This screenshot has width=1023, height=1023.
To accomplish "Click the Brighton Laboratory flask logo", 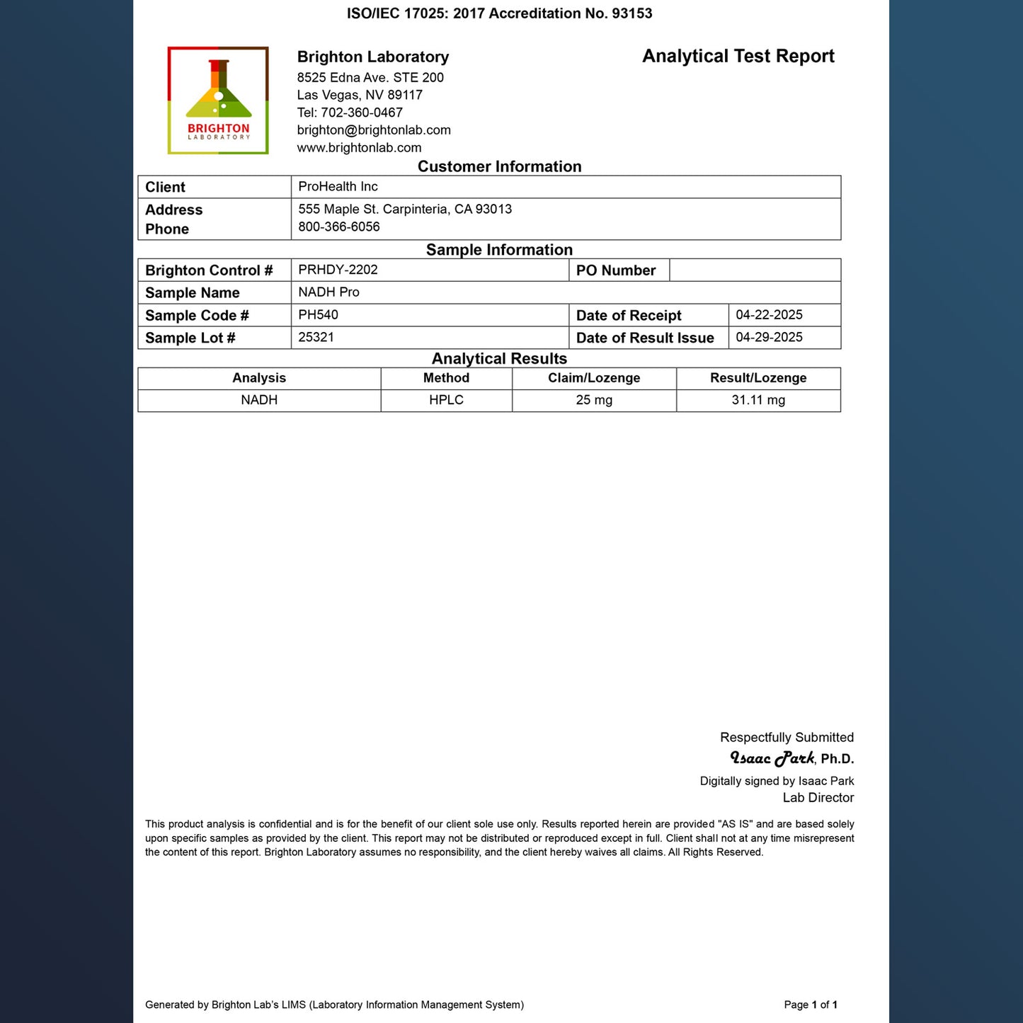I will pos(218,101).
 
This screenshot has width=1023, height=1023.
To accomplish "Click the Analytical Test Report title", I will pos(738,57).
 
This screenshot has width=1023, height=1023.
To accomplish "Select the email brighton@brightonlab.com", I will pos(374,130).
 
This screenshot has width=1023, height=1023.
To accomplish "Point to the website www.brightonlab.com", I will pos(359,148).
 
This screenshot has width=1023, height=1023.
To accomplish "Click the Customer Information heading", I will pos(499,166).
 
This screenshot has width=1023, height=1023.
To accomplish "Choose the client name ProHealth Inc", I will pos(338,187).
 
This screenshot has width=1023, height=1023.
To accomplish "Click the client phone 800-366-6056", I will pos(338,227).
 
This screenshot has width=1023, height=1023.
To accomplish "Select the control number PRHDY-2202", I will pos(338,270).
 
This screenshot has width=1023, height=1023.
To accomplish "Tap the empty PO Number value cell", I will pos(755,270).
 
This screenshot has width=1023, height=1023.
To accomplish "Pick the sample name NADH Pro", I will pos(328,292).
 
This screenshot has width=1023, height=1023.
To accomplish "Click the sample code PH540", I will pos(318,315).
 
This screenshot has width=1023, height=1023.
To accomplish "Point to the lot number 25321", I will pos(316,338).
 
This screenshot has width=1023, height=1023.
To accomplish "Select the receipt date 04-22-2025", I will pos(769,315).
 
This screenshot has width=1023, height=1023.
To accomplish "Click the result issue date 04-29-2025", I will pos(769,338).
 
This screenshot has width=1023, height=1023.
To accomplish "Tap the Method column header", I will pos(446,378).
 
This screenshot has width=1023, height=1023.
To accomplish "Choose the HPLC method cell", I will pos(446,400).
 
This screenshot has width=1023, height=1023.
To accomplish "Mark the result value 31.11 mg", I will pos(758,400).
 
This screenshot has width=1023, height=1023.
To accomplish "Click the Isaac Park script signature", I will pos(772,758).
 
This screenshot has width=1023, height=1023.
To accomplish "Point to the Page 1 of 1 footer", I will pos(811,1005).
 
